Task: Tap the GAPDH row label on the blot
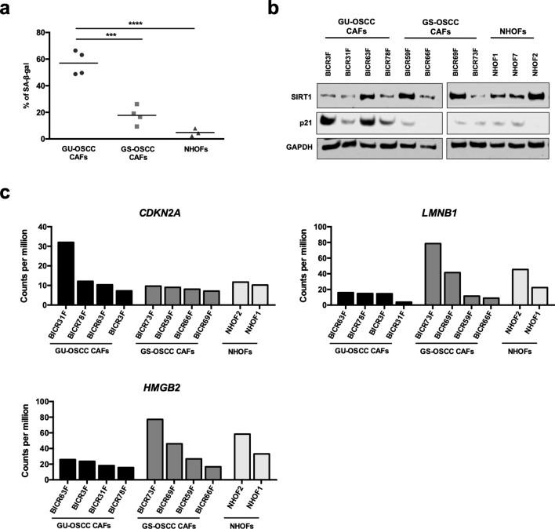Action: pos(296,145)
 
